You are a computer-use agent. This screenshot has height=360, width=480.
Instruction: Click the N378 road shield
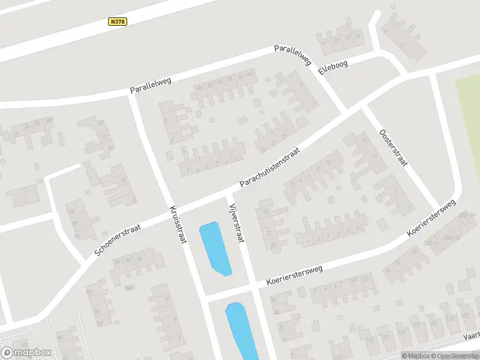click(x=118, y=22)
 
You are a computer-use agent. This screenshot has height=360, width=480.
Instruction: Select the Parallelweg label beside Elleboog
click(x=293, y=55)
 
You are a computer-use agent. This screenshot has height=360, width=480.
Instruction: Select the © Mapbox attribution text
click(x=416, y=356)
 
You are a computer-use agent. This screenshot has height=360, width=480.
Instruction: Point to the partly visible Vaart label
click(x=472, y=338)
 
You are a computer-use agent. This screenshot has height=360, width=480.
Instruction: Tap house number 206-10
click(x=466, y=215)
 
